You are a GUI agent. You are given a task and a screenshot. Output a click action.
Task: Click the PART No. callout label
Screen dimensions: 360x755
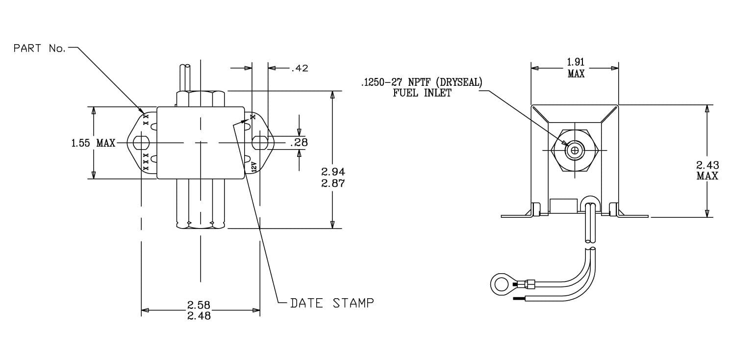(39, 48)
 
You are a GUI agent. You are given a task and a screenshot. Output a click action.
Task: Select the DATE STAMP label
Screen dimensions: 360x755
(332, 303)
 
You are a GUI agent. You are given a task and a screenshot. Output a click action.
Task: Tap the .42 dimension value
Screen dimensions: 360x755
(300, 68)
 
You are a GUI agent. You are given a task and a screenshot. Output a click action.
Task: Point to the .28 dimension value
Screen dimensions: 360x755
(299, 143)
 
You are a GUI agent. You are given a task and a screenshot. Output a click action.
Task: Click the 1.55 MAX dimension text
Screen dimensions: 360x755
(93, 143)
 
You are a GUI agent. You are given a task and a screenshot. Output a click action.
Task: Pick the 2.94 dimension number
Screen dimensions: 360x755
(333, 172)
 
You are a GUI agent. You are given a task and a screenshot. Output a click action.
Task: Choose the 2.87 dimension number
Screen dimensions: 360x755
(333, 183)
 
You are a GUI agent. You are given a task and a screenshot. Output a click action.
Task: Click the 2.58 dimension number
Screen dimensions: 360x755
(199, 305)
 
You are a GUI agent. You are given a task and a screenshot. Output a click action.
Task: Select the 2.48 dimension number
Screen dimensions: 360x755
(199, 316)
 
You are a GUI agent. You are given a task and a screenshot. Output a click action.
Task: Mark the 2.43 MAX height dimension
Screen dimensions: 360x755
(707, 170)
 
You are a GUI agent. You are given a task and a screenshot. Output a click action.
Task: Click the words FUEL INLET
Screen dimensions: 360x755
(422, 93)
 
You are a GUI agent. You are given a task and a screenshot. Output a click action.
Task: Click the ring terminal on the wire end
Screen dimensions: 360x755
(501, 284)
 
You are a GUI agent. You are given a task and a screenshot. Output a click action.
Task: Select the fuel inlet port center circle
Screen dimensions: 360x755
(575, 150)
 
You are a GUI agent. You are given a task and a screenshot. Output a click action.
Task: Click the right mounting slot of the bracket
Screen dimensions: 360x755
(259, 143)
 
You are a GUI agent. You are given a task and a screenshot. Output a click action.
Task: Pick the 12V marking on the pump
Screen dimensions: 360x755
(253, 166)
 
